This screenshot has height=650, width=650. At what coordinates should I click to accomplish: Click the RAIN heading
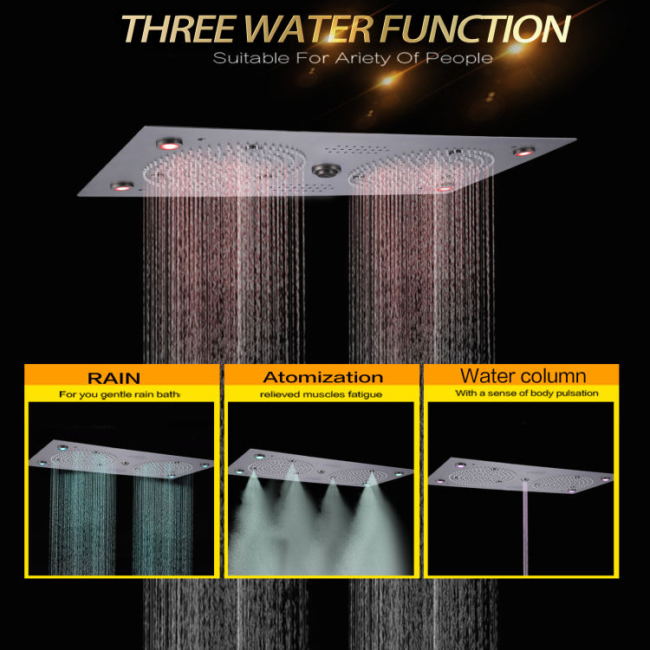click(x=122, y=377)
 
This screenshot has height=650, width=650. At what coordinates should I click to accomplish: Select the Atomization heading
click(x=322, y=377)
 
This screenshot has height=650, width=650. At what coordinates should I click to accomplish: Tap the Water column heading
click(x=523, y=376)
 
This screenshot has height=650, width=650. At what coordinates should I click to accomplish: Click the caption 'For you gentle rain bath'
click(x=120, y=394)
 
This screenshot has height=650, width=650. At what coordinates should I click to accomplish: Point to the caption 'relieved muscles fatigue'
click(x=321, y=394)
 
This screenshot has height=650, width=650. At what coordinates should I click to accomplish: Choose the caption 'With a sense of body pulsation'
click(x=522, y=393)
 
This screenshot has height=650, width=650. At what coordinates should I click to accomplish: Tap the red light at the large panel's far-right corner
click(x=523, y=152)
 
